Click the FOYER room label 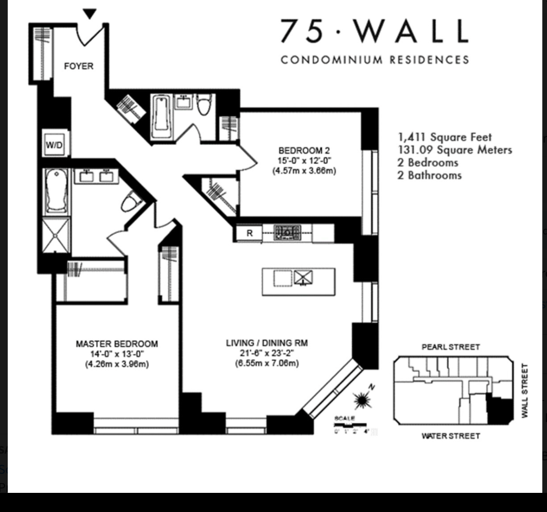[79, 66]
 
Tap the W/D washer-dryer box [54, 145]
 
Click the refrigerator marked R [249, 233]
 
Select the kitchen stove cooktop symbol [287, 233]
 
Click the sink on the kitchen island [303, 278]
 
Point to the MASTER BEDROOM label [116, 344]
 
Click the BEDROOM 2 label [304, 150]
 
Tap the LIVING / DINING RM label [266, 343]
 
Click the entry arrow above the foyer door [90, 14]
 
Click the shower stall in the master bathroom [57, 235]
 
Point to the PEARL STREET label [450, 347]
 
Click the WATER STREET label [450, 436]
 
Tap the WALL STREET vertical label [525, 390]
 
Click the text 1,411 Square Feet [444, 137]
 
